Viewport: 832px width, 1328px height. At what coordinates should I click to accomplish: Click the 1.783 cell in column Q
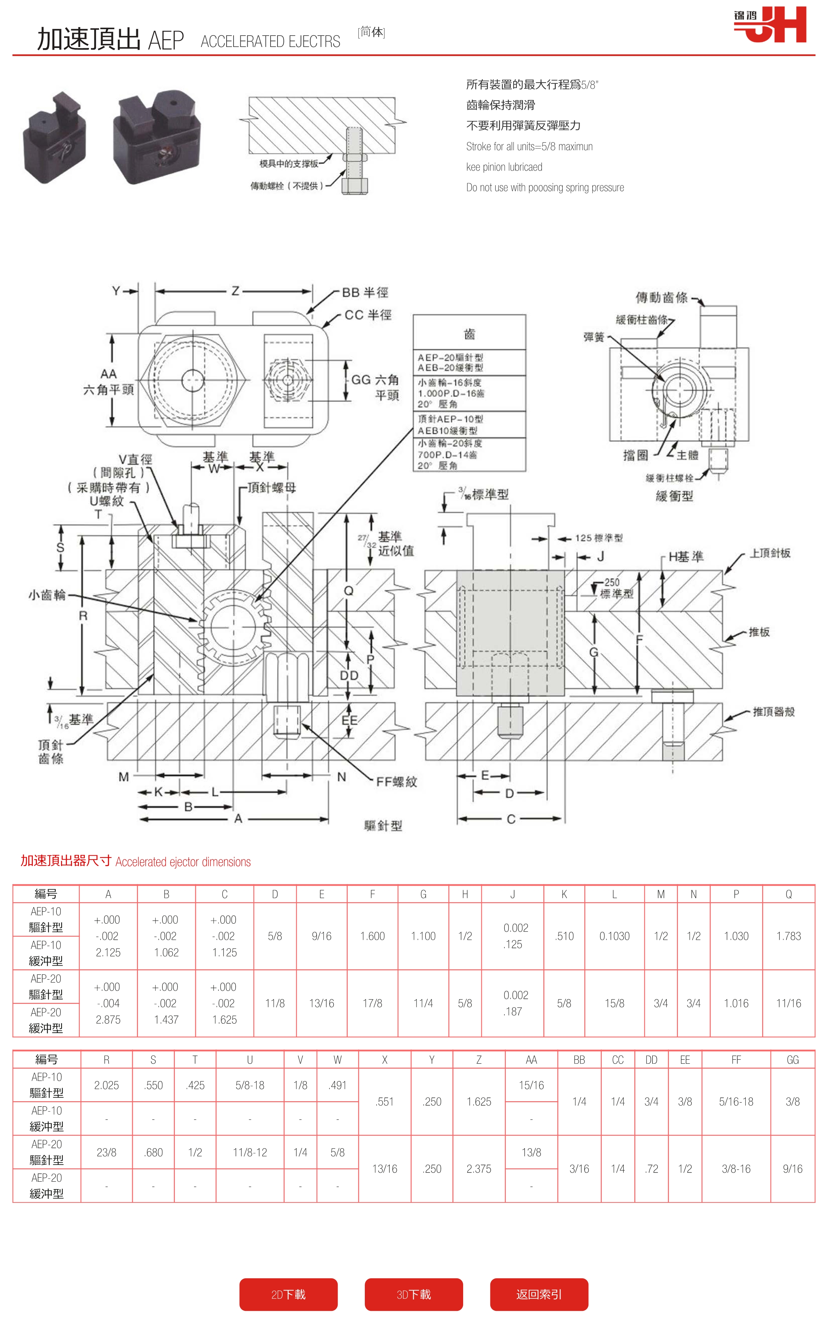coord(788,936)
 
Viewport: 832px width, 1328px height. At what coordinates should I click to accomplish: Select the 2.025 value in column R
coord(106,1085)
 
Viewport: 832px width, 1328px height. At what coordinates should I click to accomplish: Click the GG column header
coord(792,1060)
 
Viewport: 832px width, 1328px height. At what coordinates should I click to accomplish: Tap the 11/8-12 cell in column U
coord(250,1152)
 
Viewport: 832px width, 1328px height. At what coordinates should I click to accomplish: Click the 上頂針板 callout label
coord(770,553)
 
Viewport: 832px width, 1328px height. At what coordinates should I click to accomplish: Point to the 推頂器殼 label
coord(774,712)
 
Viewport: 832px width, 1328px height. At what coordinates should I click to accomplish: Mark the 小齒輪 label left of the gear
coord(47,595)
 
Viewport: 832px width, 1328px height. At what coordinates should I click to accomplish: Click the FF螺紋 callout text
coord(396,782)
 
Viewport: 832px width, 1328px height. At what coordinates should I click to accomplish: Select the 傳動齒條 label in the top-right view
coord(662,298)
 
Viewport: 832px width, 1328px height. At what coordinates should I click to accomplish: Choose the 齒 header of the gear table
coord(470,334)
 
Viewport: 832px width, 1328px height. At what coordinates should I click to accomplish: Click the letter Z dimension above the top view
coord(235,291)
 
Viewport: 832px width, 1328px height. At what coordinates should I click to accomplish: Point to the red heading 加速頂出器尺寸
coord(66,861)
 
